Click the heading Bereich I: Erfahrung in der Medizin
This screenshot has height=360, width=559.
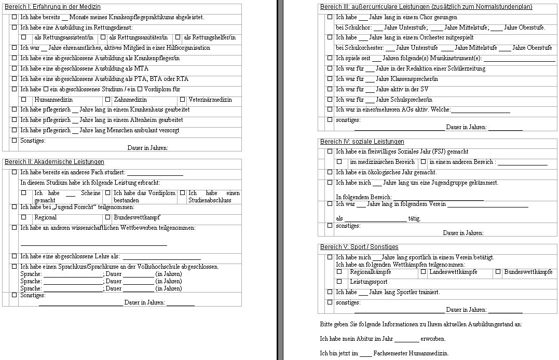click(52, 7)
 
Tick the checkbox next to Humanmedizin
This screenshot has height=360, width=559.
click(23, 99)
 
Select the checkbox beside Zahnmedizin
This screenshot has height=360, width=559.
click(108, 99)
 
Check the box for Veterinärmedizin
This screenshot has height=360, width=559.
click(182, 99)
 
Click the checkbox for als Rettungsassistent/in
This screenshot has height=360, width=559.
click(23, 37)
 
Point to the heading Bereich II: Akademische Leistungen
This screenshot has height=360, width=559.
click(54, 162)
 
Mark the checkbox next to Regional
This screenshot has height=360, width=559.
click(23, 217)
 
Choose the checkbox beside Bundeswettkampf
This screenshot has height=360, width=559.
click(108, 217)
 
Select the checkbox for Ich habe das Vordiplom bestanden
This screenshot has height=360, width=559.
click(108, 193)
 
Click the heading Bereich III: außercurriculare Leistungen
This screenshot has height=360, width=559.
click(426, 7)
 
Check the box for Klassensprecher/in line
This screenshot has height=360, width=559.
click(330, 79)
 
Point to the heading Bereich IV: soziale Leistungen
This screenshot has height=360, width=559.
click(362, 142)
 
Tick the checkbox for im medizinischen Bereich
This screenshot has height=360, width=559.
click(339, 162)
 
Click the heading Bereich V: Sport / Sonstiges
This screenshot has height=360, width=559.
click(359, 247)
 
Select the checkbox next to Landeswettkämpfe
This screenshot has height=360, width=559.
click(424, 271)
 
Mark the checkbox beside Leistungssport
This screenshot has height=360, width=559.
click(339, 282)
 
